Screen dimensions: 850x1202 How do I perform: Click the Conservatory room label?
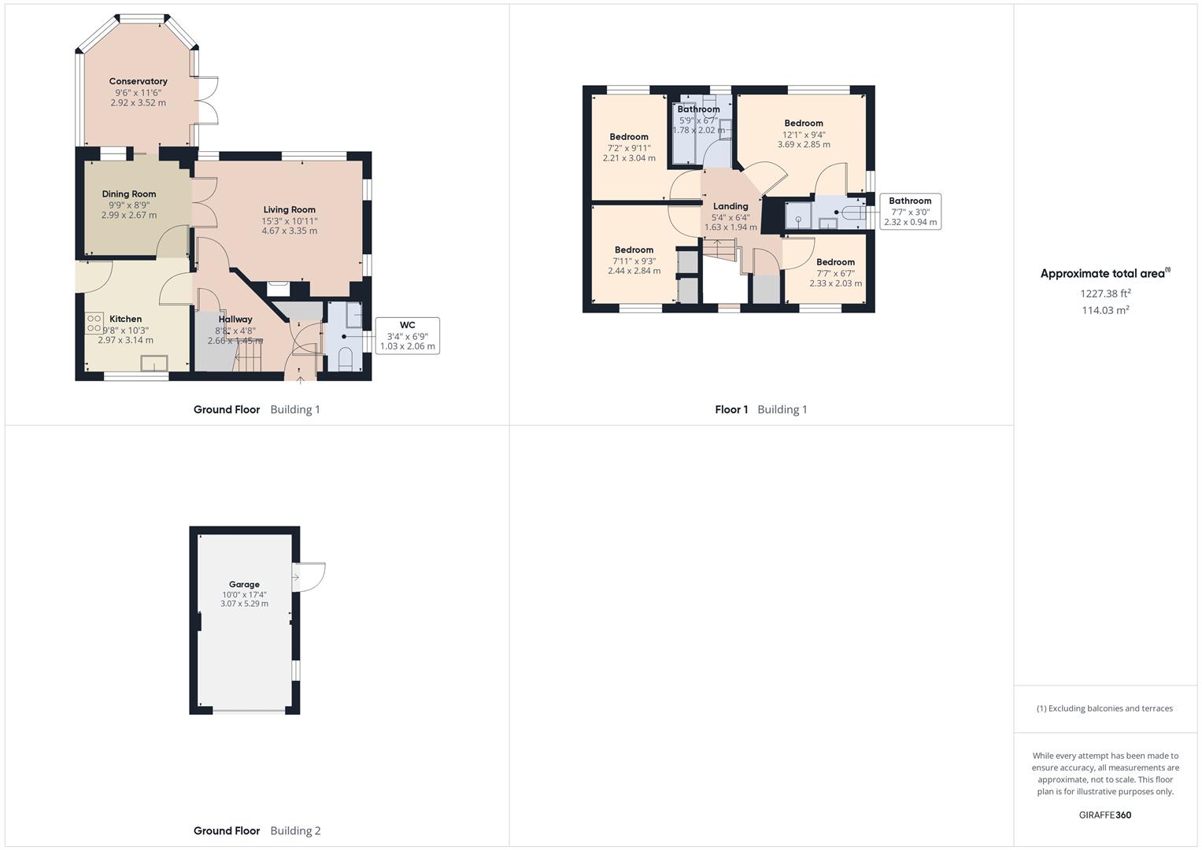click(x=139, y=81)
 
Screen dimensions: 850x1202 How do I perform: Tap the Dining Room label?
click(x=129, y=194)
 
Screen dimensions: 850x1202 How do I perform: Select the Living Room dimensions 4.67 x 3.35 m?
click(x=290, y=231)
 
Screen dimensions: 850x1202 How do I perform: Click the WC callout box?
click(x=407, y=335)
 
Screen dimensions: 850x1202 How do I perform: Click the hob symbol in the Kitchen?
click(x=94, y=323)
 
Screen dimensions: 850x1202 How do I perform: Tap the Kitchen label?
click(x=126, y=319)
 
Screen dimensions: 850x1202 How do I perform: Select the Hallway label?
click(x=235, y=320)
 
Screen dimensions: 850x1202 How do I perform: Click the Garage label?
click(x=244, y=584)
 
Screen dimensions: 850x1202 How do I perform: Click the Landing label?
click(x=730, y=206)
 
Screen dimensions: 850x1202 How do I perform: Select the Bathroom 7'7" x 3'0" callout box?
click(x=910, y=211)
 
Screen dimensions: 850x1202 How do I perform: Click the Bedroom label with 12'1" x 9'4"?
click(x=804, y=123)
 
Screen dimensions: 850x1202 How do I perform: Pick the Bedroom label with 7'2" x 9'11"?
click(x=629, y=137)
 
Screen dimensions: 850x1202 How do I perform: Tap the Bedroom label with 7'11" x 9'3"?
click(x=634, y=249)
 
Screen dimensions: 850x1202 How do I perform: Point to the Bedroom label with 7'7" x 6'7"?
click(x=835, y=262)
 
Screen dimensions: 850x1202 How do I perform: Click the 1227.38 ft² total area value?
click(x=1105, y=293)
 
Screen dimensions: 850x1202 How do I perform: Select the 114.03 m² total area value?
click(x=1105, y=310)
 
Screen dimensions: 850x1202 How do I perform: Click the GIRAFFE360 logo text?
click(x=1104, y=815)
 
